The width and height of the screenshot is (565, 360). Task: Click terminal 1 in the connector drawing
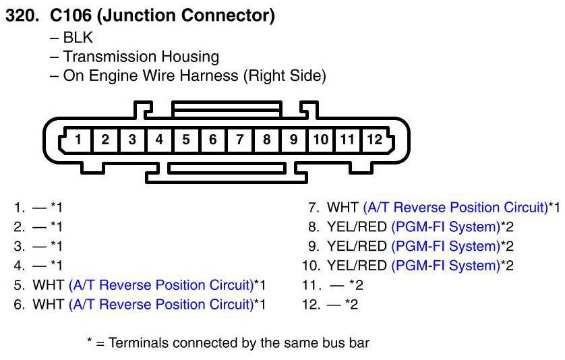point(78,140)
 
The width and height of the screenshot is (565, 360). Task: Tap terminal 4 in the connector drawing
point(159,140)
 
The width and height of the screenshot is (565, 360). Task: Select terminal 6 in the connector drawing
point(213,140)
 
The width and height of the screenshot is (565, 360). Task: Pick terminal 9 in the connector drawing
point(293,140)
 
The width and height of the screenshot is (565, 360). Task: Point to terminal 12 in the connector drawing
point(374,140)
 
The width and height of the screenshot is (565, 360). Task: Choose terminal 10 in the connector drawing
point(320,140)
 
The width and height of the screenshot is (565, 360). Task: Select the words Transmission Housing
point(141,57)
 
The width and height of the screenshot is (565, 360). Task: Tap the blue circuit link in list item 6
point(160,305)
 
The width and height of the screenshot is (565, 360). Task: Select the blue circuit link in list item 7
point(454,207)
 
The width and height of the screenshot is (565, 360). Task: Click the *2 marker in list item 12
point(351,305)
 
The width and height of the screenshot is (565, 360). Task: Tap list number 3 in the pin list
point(20,246)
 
